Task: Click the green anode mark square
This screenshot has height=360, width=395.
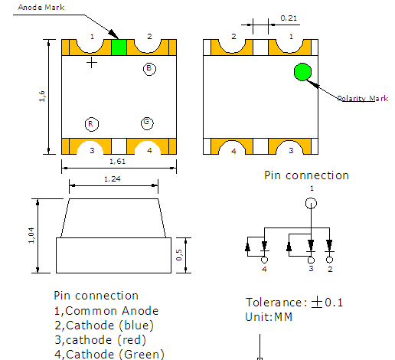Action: [119, 47]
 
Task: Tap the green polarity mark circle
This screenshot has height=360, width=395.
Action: [302, 72]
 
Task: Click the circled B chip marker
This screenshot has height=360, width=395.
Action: [149, 69]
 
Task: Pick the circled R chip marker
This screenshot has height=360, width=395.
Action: [90, 123]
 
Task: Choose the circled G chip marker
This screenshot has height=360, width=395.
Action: [146, 123]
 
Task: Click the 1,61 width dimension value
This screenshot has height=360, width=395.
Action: [118, 161]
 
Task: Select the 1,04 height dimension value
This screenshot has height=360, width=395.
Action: [31, 235]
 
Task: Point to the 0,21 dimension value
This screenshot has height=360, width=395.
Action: [289, 17]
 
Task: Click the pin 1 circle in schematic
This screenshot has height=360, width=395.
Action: [311, 204]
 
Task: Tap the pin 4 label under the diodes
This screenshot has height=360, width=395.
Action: [264, 269]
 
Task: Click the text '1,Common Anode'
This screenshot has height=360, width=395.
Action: [106, 310]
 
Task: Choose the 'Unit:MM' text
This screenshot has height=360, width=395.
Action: [269, 316]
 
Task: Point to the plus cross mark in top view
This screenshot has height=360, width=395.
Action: [92, 63]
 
